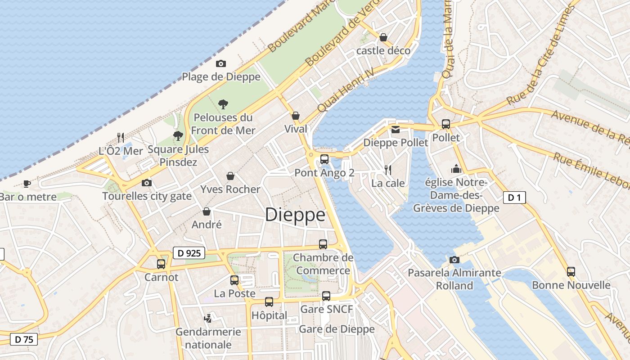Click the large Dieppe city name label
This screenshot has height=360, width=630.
click(295, 215)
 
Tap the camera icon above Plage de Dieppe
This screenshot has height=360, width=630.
click(221, 63)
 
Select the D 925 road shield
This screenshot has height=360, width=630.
click(189, 253)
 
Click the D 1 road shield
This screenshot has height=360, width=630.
click(514, 197)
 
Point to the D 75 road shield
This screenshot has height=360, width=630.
click(24, 339)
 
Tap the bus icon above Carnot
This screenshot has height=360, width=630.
click(161, 264)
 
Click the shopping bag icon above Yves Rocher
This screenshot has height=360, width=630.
click(230, 176)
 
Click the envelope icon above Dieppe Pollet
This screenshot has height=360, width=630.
click(395, 130)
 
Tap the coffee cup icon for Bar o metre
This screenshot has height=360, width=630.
click(27, 184)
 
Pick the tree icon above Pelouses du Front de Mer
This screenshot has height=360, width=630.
click(223, 104)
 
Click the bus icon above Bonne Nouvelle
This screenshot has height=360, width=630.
click(571, 271)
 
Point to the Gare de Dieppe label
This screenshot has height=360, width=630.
click(337, 329)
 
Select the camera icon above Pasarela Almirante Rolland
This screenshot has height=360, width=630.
click(454, 260)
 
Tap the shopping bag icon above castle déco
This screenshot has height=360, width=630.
click(383, 37)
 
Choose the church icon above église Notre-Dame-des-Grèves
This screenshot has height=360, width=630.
click(456, 169)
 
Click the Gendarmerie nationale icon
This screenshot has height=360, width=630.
click(208, 318)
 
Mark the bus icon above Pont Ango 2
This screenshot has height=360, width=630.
click(324, 159)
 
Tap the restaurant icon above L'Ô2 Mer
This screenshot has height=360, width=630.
click(121, 137)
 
